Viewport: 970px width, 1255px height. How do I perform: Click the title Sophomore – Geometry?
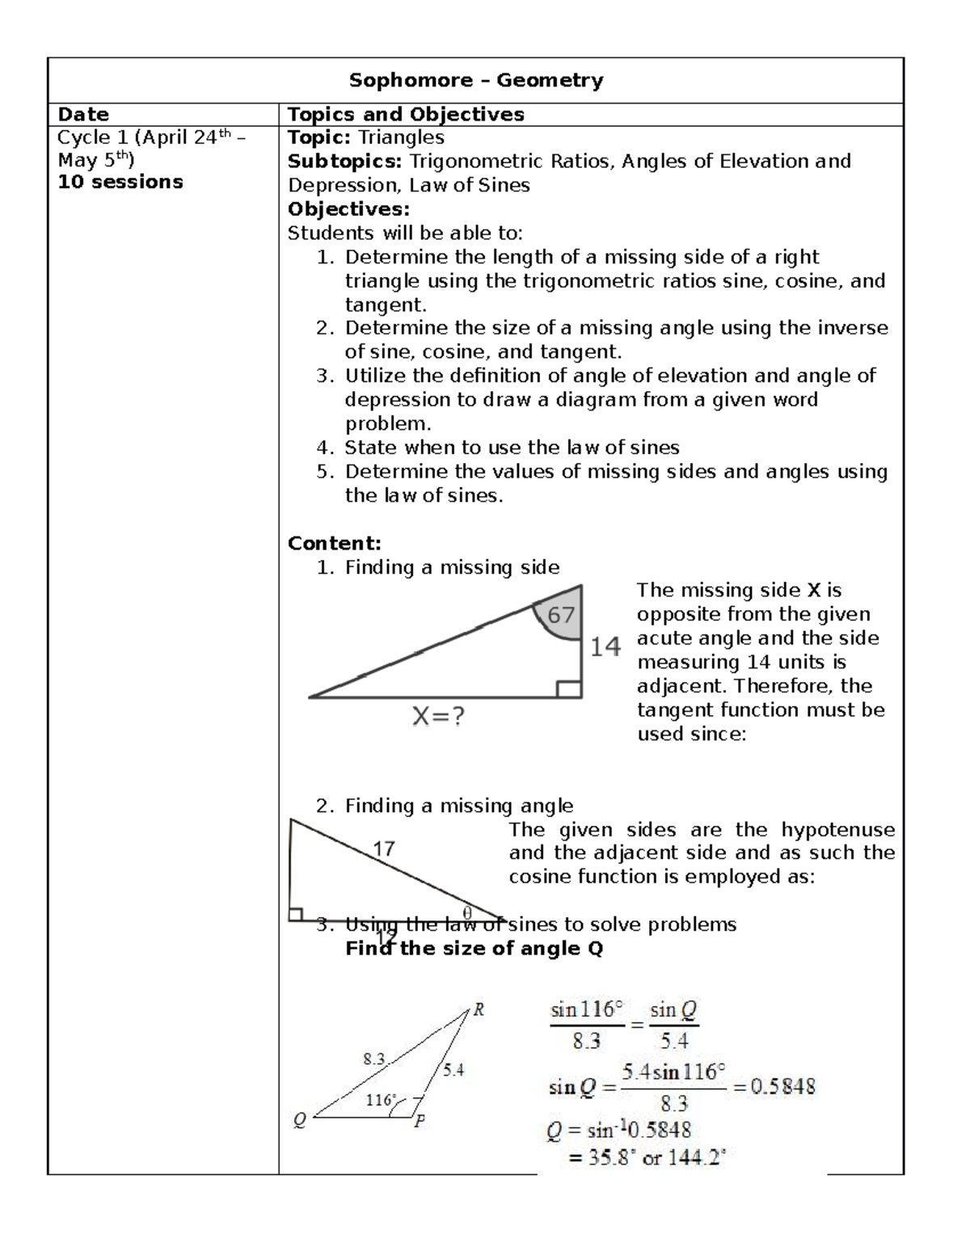475,81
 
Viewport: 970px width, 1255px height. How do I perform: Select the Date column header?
83,115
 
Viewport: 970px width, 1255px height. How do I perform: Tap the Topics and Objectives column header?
406,115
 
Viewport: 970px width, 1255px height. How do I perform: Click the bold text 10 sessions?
120,182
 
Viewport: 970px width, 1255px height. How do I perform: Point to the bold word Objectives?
348,209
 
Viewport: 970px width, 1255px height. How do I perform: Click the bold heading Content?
334,543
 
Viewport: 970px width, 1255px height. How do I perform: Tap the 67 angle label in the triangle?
561,616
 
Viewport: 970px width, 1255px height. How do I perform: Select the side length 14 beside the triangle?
605,646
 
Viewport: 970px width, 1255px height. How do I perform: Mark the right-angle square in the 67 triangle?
569,689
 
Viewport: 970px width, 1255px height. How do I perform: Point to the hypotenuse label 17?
383,849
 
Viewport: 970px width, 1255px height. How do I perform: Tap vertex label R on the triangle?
479,1009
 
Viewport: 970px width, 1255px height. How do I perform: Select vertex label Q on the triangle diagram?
299,1120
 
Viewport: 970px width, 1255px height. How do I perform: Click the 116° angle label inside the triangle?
381,1100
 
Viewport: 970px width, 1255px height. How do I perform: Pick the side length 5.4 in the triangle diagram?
453,1070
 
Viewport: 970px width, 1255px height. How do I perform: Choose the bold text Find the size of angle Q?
474,949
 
